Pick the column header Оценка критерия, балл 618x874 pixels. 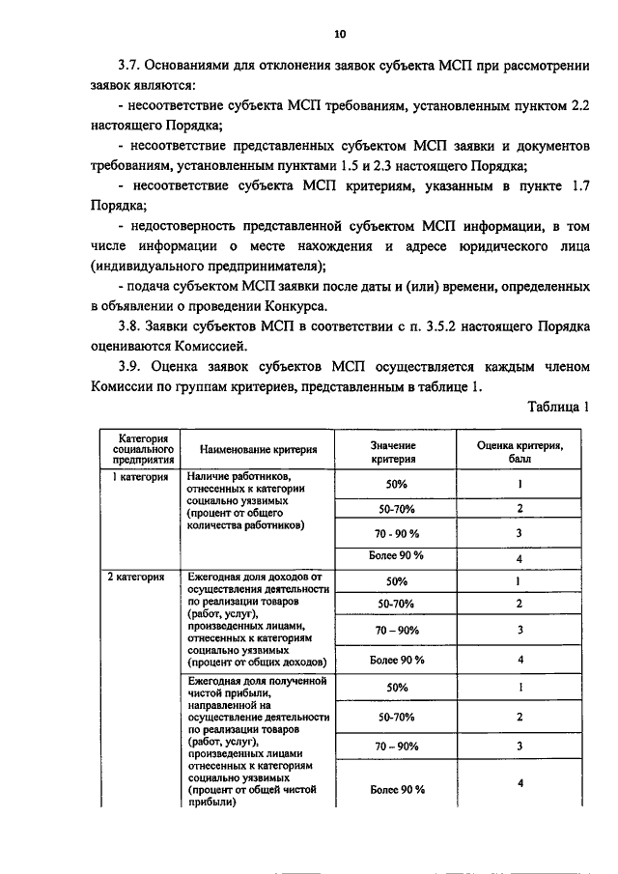[520, 451]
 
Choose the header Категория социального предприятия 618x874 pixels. [142, 450]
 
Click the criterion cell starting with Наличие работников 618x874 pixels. [253, 501]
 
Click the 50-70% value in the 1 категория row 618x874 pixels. [396, 509]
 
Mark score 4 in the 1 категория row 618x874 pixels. [520, 558]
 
